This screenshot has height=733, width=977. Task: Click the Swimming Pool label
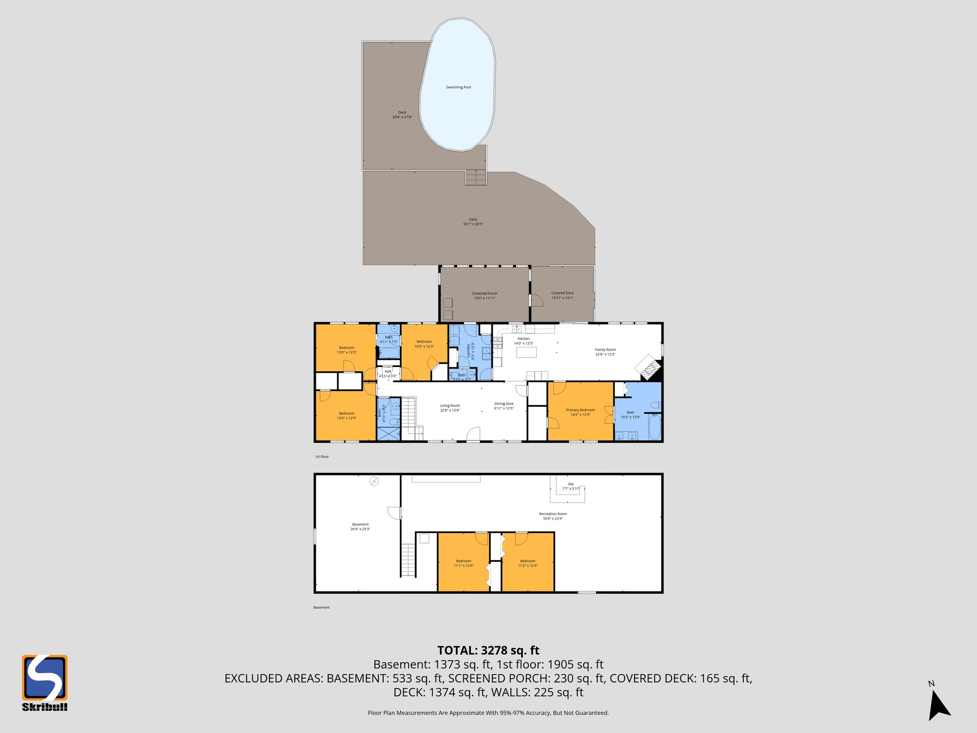(458, 87)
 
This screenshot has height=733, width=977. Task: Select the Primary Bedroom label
(580, 412)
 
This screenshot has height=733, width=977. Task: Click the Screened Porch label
(484, 296)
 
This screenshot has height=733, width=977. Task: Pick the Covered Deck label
(562, 295)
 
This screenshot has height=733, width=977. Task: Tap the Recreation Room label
(552, 516)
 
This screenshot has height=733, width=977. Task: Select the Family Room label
(605, 352)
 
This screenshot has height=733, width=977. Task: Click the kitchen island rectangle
(526, 352)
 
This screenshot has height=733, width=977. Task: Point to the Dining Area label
(504, 406)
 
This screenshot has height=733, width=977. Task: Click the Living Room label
(450, 408)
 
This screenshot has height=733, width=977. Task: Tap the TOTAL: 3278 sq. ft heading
(488, 650)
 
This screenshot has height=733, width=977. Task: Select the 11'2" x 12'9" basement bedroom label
(528, 563)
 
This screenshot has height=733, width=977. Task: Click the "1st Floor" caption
(322, 457)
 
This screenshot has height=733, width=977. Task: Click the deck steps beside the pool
(476, 178)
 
